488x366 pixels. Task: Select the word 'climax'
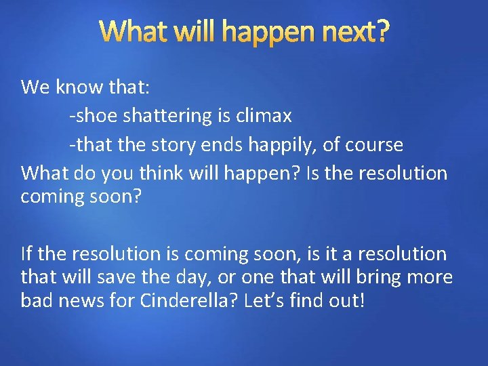(x=264, y=116)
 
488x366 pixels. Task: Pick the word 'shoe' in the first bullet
(x=93, y=116)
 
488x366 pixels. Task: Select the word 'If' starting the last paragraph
(x=26, y=254)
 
